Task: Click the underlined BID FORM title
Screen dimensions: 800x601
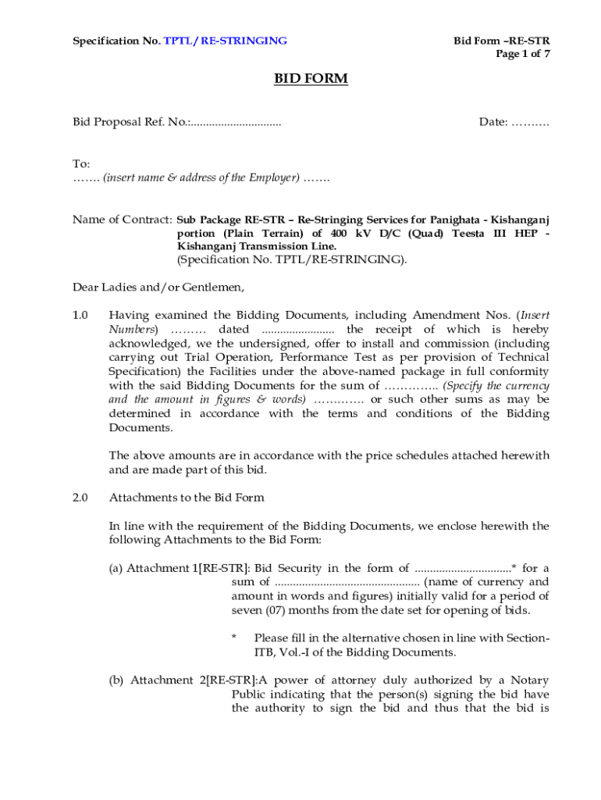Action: pos(310,79)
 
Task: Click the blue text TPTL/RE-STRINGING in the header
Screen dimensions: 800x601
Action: pos(225,41)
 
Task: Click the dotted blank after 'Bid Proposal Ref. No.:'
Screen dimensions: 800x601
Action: pos(236,123)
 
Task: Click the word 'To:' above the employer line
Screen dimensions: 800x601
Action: pos(81,164)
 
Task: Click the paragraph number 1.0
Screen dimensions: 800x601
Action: pos(81,316)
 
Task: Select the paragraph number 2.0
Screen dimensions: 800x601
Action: pos(81,498)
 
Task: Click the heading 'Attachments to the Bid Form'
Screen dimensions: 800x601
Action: pos(187,498)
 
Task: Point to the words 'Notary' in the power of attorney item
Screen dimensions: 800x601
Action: pos(530,680)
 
